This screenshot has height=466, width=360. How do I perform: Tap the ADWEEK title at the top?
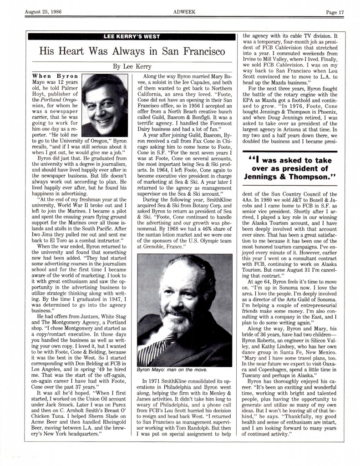[x=180, y=12]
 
